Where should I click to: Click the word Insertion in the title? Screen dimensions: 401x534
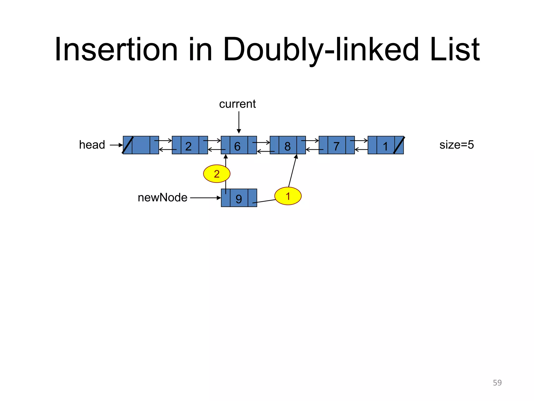coord(116,50)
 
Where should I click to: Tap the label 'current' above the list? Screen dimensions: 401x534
coord(237,104)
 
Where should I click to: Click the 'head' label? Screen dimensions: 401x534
coord(92,145)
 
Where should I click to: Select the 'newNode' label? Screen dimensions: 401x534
coord(162,198)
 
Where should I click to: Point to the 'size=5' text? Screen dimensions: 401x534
coord(457,145)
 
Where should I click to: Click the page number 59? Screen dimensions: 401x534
coord(497,383)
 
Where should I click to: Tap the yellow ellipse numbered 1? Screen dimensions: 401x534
coord(288,196)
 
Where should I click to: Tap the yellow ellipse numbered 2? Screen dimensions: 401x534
coord(217,174)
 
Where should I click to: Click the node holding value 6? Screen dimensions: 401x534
coord(239,145)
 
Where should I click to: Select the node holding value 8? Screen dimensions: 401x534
coord(288,145)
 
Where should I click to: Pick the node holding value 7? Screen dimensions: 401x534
coord(337,145)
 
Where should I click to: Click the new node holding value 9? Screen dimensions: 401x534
coord(239,198)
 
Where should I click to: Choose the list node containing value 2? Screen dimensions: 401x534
coord(190,145)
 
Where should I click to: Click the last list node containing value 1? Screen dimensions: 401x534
coord(385,145)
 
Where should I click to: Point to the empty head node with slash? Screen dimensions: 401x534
coord(141,145)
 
